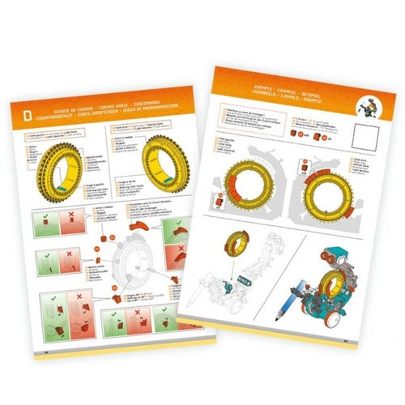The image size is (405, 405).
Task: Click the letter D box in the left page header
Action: click(x=27, y=115)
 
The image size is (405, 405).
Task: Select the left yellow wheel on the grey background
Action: click(x=243, y=188)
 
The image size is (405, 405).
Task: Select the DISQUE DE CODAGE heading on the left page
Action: click(x=89, y=109)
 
